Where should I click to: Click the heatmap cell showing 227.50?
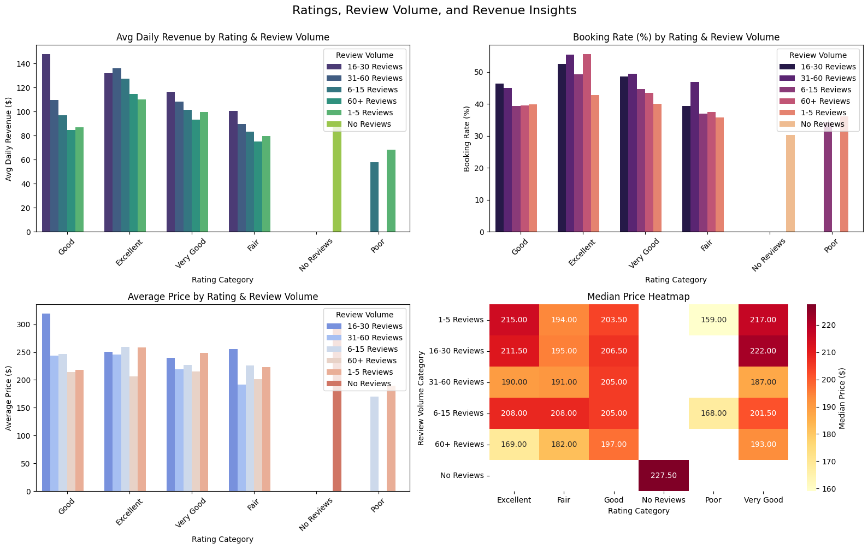tap(664, 475)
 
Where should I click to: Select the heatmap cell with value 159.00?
tap(713, 320)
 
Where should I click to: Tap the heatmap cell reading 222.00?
tap(763, 351)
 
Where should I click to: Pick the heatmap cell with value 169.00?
tap(514, 444)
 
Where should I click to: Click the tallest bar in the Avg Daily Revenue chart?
tap(46, 143)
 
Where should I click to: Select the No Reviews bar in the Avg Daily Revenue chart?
tap(337, 180)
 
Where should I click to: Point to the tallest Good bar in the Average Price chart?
tap(46, 402)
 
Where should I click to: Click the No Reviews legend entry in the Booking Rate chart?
tap(822, 124)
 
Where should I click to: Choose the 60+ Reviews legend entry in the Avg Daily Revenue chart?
tap(371, 101)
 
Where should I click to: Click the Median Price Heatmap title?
tap(638, 297)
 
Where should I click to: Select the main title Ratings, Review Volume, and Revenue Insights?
tap(434, 10)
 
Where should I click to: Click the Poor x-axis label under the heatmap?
tap(713, 500)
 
